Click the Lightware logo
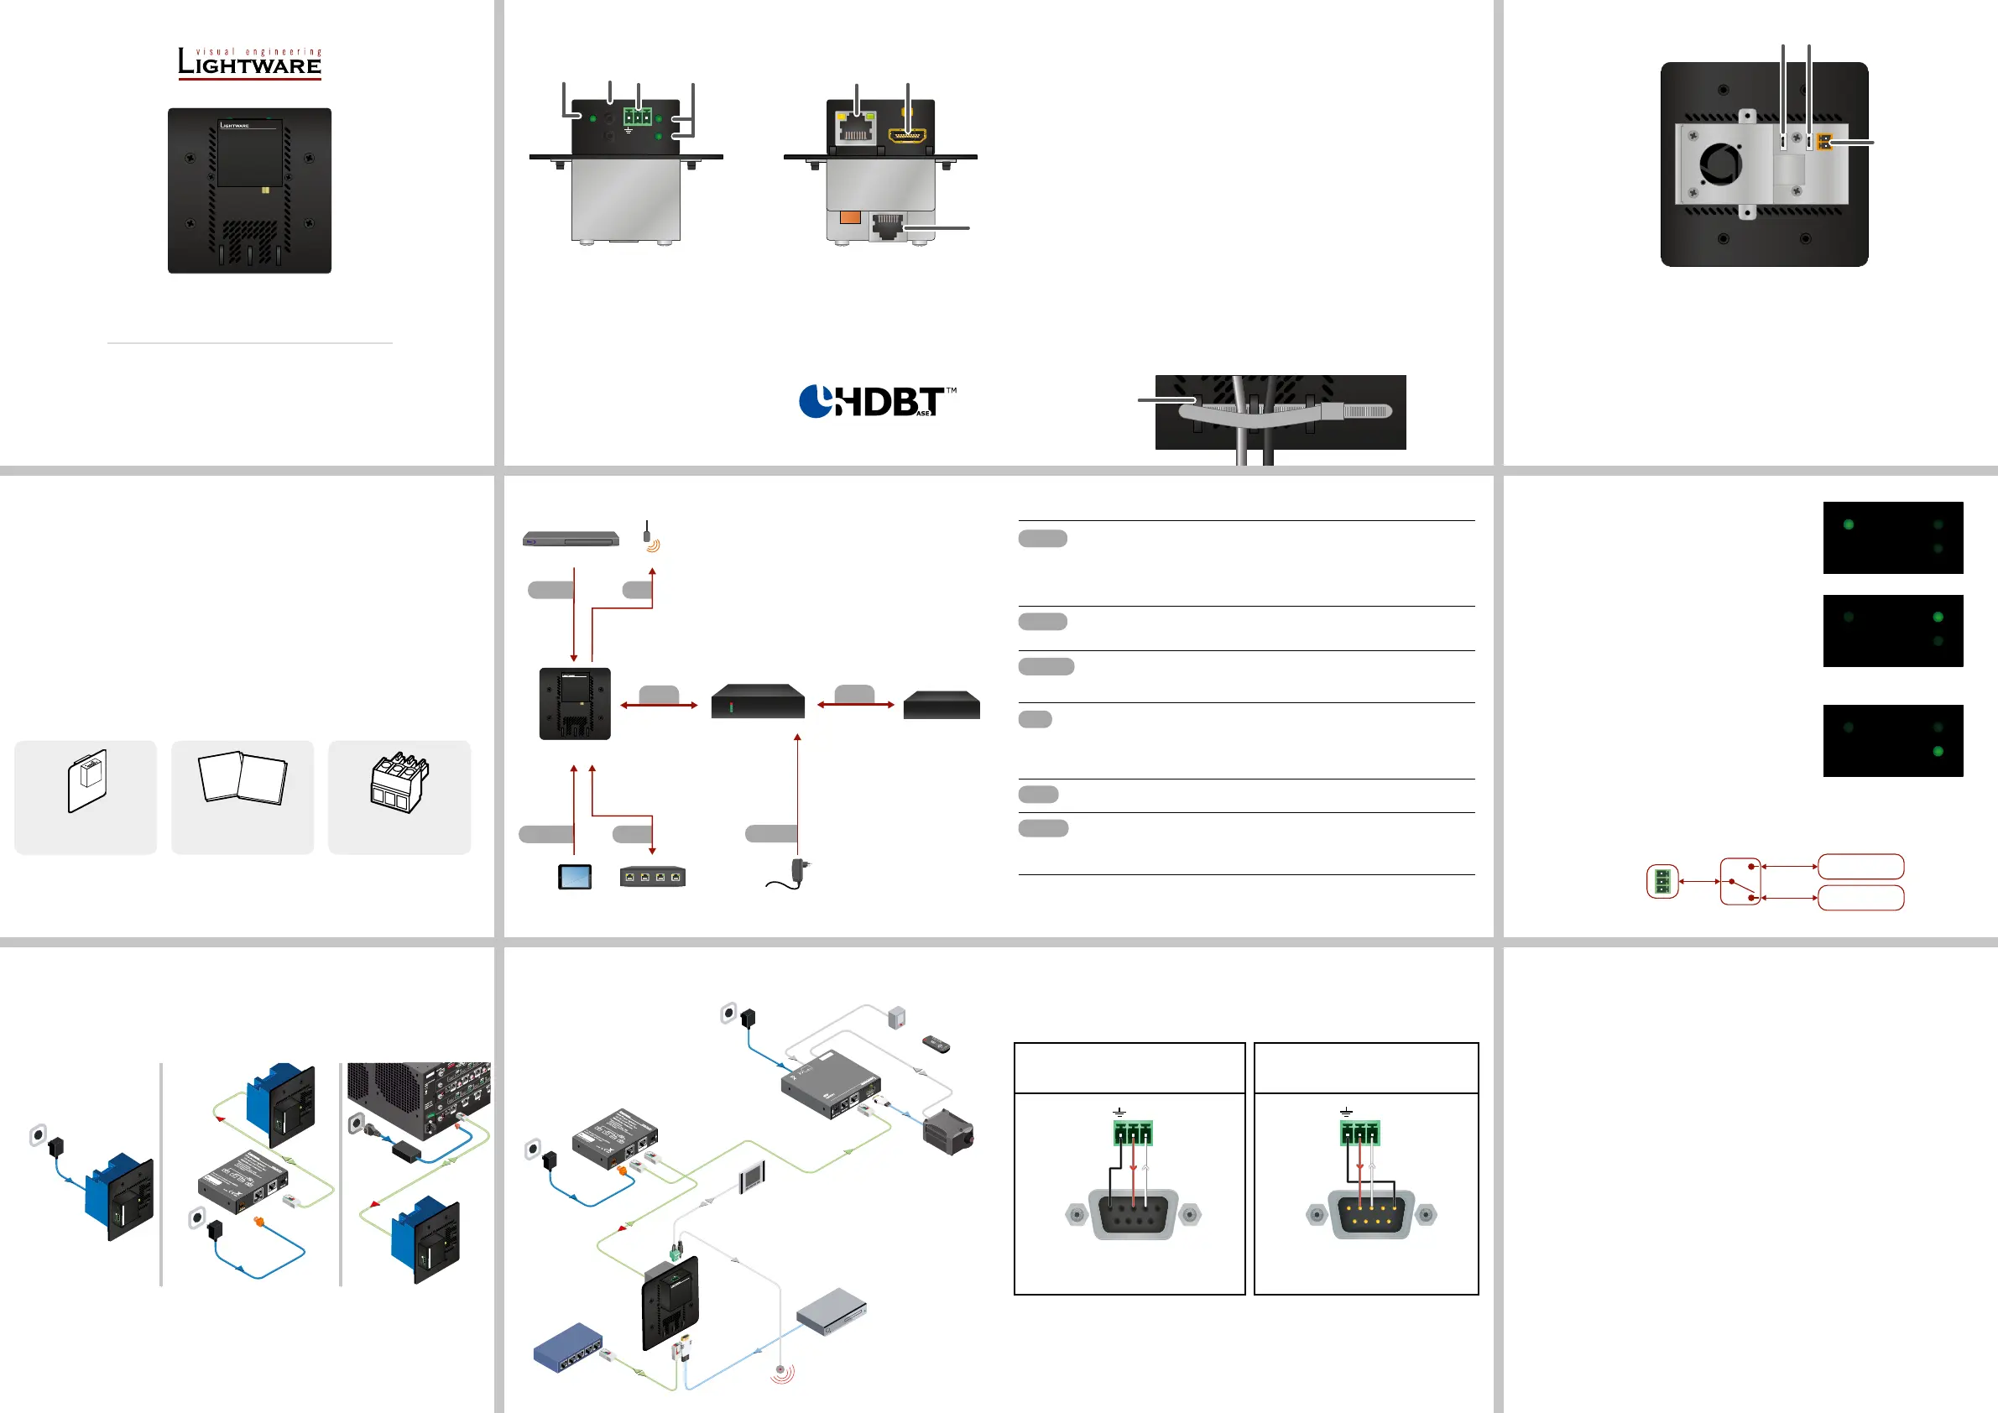click(250, 64)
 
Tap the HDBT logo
click(876, 401)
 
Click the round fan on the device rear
click(1720, 163)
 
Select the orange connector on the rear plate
click(1825, 141)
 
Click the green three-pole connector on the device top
click(637, 117)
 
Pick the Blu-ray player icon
click(571, 539)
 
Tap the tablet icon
click(574, 876)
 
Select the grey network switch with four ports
click(653, 876)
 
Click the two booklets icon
click(243, 778)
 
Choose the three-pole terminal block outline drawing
click(399, 782)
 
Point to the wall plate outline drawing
click(87, 780)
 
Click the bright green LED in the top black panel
click(1849, 524)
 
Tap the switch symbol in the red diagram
click(1740, 880)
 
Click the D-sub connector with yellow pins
click(1370, 1215)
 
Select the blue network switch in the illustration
click(568, 1348)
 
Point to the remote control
click(936, 1044)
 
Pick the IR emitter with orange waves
click(649, 537)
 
